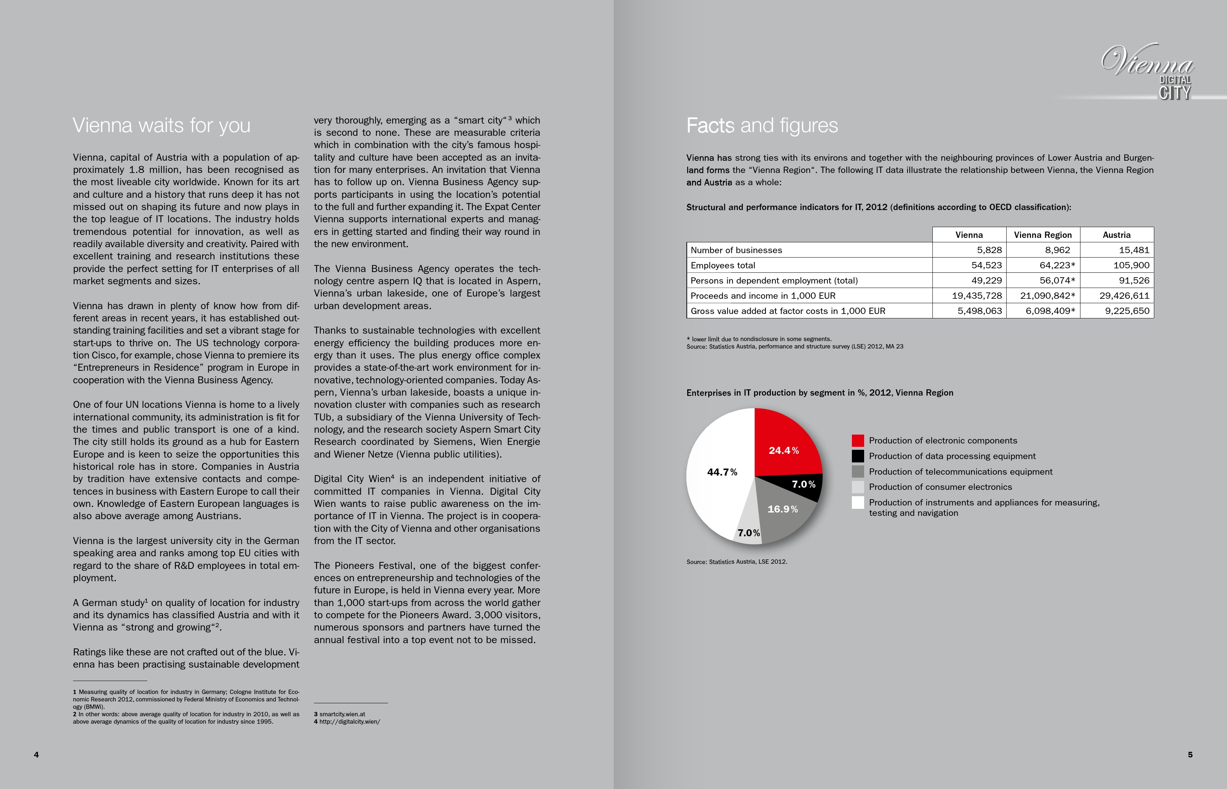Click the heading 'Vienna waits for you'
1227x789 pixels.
(161, 125)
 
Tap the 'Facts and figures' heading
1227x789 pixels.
(762, 125)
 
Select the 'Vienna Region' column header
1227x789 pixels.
(1043, 235)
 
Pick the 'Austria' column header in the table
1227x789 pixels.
(1116, 235)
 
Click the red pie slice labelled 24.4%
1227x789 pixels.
(784, 446)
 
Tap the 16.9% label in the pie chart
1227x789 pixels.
(783, 509)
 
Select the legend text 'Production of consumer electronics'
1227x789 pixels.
(940, 487)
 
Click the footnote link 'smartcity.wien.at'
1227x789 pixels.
(342, 714)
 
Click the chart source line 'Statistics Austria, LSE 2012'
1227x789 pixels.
(736, 562)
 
